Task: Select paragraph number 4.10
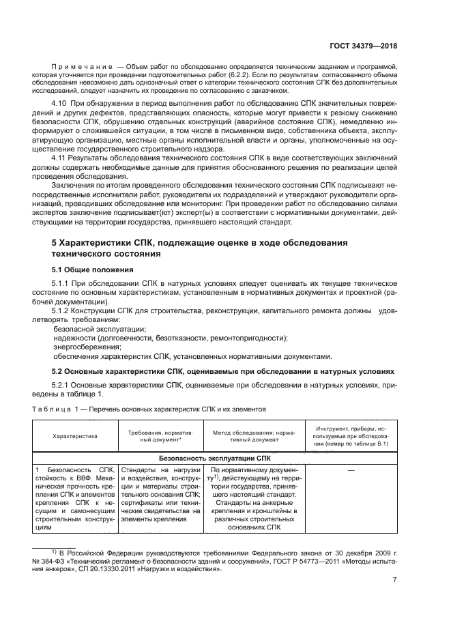[x=60, y=100]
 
